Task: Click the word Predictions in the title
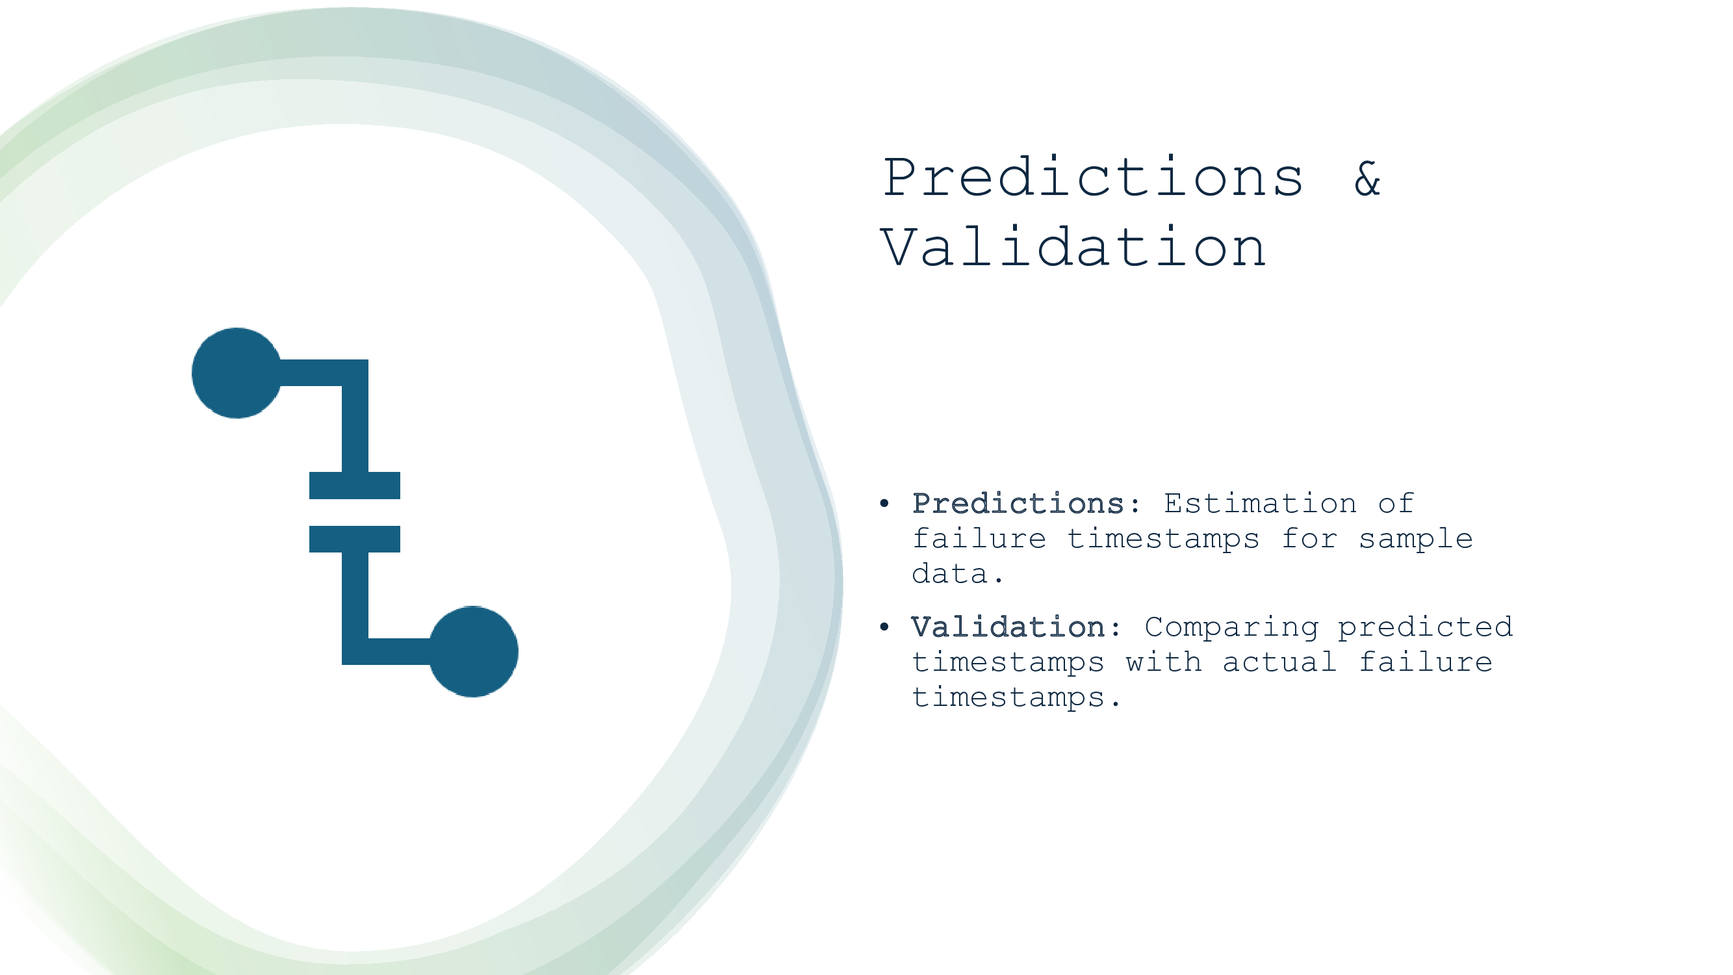[1092, 177]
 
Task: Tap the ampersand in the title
[1367, 179]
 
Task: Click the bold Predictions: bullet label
[1026, 503]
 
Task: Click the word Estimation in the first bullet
[1260, 503]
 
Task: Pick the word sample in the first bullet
[1415, 539]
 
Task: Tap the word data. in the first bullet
[957, 574]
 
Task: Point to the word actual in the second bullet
[1279, 662]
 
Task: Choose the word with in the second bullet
[1164, 662]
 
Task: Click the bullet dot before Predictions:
[884, 503]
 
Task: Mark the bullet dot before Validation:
[884, 627]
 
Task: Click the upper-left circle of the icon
[237, 372]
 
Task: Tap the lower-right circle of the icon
[474, 651]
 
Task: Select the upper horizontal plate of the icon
[355, 485]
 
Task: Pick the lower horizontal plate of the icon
[355, 539]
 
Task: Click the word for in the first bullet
[1309, 538]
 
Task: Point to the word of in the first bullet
[1395, 503]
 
